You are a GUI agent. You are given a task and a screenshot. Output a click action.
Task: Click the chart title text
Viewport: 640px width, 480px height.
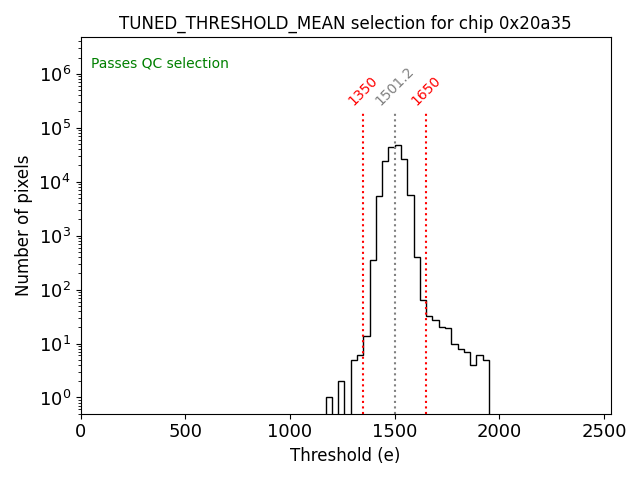[x=345, y=23]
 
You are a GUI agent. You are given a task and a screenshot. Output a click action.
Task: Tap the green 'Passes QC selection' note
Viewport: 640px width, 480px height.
[x=160, y=64]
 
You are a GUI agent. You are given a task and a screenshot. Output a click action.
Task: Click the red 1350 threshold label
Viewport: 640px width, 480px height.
[x=362, y=91]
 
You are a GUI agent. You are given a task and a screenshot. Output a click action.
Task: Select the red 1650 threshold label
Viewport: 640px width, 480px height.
[x=426, y=91]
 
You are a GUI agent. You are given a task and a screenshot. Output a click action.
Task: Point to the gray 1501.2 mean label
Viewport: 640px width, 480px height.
[x=394, y=88]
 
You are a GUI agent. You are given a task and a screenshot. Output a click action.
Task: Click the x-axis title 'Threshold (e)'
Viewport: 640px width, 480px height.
[x=345, y=455]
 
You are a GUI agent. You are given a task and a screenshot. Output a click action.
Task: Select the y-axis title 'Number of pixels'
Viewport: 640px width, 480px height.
[x=23, y=225]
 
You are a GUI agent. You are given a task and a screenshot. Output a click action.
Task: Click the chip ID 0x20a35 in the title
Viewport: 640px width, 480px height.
[x=535, y=23]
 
